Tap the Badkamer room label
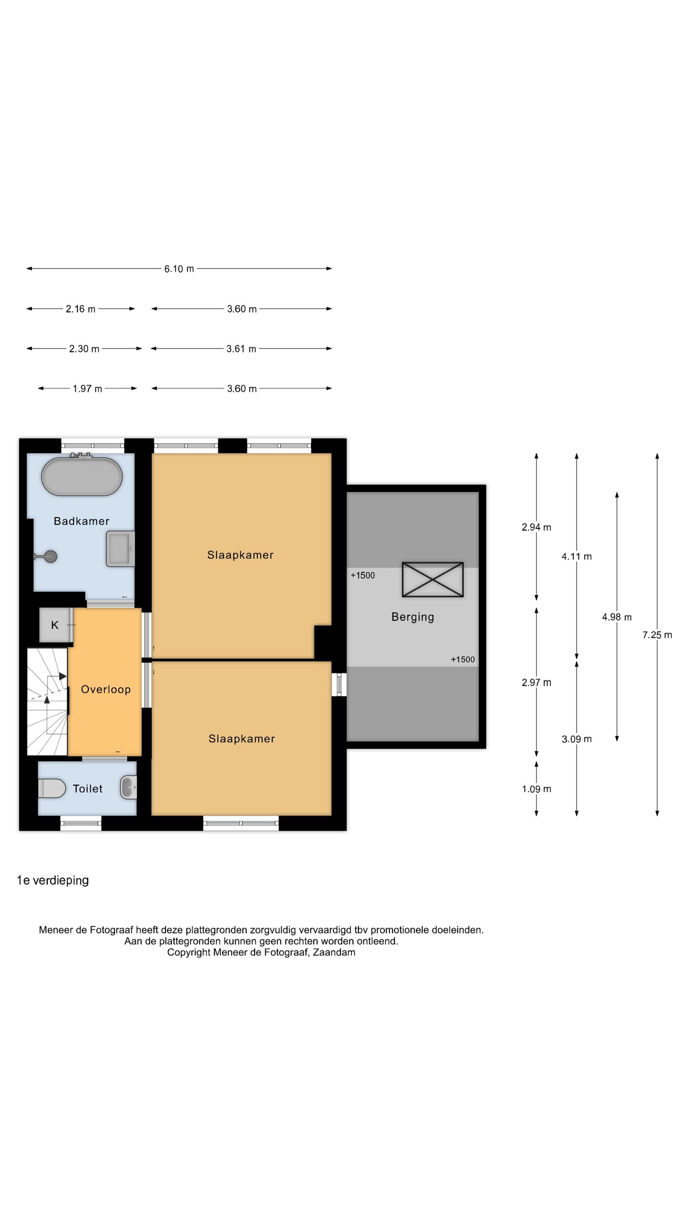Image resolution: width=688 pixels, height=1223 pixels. [82, 521]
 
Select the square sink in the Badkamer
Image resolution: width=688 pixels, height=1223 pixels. [121, 549]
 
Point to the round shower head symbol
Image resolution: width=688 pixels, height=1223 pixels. [50, 556]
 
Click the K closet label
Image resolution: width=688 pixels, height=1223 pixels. [55, 625]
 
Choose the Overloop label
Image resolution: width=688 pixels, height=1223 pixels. [106, 689]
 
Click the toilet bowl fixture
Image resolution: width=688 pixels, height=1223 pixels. [52, 788]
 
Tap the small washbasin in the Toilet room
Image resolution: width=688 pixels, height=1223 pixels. [129, 788]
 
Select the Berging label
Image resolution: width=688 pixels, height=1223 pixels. [412, 617]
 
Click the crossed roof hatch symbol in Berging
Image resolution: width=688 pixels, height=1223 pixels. [432, 579]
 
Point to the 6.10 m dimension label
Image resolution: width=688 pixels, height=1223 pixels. [179, 269]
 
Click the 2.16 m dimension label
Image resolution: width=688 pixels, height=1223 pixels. [81, 309]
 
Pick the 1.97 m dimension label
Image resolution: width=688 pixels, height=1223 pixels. [87, 389]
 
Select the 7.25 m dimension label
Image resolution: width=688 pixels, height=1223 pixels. [657, 635]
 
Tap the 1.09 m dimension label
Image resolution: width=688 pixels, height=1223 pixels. [536, 789]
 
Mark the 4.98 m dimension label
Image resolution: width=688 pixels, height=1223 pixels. [617, 617]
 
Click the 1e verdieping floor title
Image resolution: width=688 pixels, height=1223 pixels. [53, 881]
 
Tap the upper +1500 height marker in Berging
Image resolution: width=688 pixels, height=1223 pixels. [363, 575]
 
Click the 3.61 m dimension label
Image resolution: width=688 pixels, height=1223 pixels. [241, 349]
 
